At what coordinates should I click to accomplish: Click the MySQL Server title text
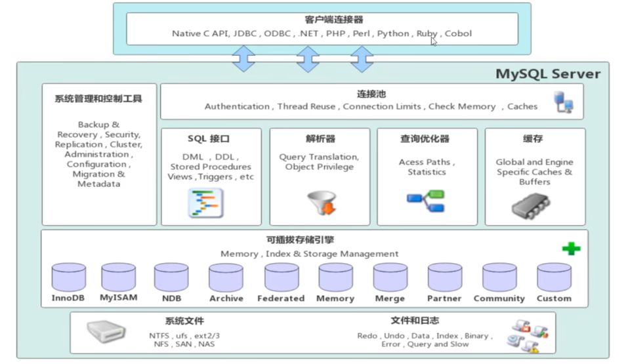pyautogui.click(x=547, y=73)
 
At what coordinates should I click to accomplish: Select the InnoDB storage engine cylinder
pyautogui.click(x=68, y=277)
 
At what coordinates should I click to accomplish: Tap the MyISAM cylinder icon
pyautogui.click(x=119, y=277)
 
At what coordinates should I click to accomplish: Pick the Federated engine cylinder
pyautogui.click(x=281, y=277)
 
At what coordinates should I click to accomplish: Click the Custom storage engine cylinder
pyautogui.click(x=554, y=277)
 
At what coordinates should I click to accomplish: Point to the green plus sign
pyautogui.click(x=571, y=249)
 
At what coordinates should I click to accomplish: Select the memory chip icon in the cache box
pyautogui.click(x=531, y=205)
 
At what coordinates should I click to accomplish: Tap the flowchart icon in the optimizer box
pyautogui.click(x=426, y=201)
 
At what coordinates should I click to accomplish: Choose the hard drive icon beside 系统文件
pyautogui.click(x=106, y=331)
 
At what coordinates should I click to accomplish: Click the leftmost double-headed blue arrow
pyautogui.click(x=244, y=59)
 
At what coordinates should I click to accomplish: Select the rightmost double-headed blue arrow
pyautogui.click(x=362, y=59)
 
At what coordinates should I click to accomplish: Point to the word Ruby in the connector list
pyautogui.click(x=427, y=33)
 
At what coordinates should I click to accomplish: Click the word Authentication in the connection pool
pyautogui.click(x=237, y=106)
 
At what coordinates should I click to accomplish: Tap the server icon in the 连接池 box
pyautogui.click(x=564, y=102)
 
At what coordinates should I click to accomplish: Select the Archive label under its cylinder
pyautogui.click(x=226, y=298)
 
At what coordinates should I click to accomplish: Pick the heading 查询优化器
pyautogui.click(x=425, y=139)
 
